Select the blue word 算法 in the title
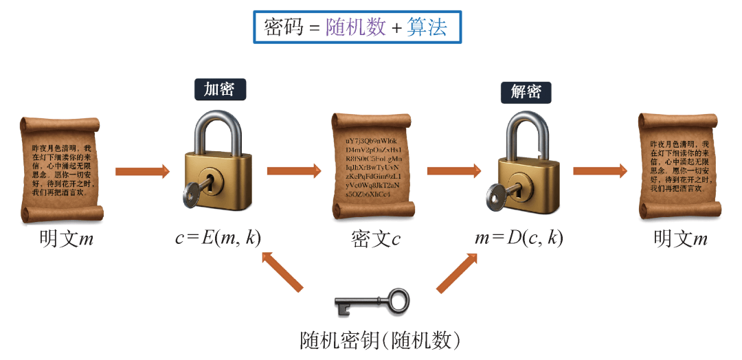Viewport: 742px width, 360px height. click(427, 27)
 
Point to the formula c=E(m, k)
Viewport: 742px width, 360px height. click(218, 238)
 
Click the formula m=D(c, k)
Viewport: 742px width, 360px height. click(519, 238)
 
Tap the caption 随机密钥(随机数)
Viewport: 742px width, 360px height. click(380, 340)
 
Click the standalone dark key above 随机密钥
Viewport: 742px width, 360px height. click(371, 302)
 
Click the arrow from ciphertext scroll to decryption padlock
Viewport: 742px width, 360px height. click(453, 170)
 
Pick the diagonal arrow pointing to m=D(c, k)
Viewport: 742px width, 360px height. click(457, 272)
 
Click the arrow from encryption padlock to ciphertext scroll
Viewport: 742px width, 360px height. click(294, 170)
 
